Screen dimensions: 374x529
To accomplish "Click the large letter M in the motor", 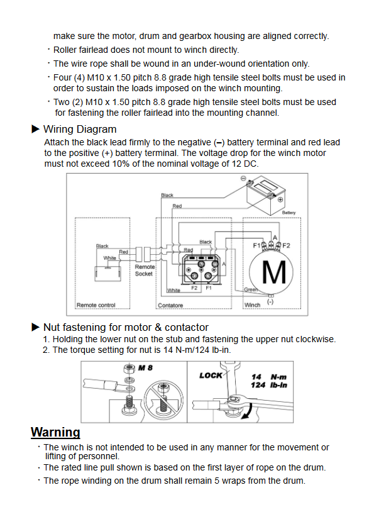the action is point(274,272).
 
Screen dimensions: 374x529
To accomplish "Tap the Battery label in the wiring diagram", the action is point(289,213).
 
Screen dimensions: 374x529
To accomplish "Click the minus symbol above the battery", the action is point(243,179).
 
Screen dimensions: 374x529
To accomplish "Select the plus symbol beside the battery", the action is point(280,199).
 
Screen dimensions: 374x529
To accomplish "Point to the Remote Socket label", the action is point(145,270).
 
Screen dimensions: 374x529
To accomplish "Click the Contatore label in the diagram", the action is point(170,305).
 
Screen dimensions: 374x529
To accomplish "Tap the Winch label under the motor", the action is point(252,305).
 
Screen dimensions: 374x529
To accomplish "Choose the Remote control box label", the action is point(96,305).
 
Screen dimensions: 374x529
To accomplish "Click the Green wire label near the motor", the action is point(251,289).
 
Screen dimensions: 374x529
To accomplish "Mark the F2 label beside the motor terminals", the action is point(286,245).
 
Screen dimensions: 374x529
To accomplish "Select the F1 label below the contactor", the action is point(209,288).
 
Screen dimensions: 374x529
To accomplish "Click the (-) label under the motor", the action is point(270,301).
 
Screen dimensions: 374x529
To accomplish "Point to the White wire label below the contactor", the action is point(173,290).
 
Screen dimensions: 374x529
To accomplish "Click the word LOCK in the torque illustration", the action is point(211,376).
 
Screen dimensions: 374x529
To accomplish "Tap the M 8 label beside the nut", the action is point(145,368).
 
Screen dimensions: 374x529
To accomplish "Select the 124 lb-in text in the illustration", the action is point(269,385).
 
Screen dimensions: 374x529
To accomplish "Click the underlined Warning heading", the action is point(55,432).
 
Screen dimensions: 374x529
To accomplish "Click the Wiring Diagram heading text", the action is point(80,129).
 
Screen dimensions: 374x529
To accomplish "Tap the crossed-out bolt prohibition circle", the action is point(164,399).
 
